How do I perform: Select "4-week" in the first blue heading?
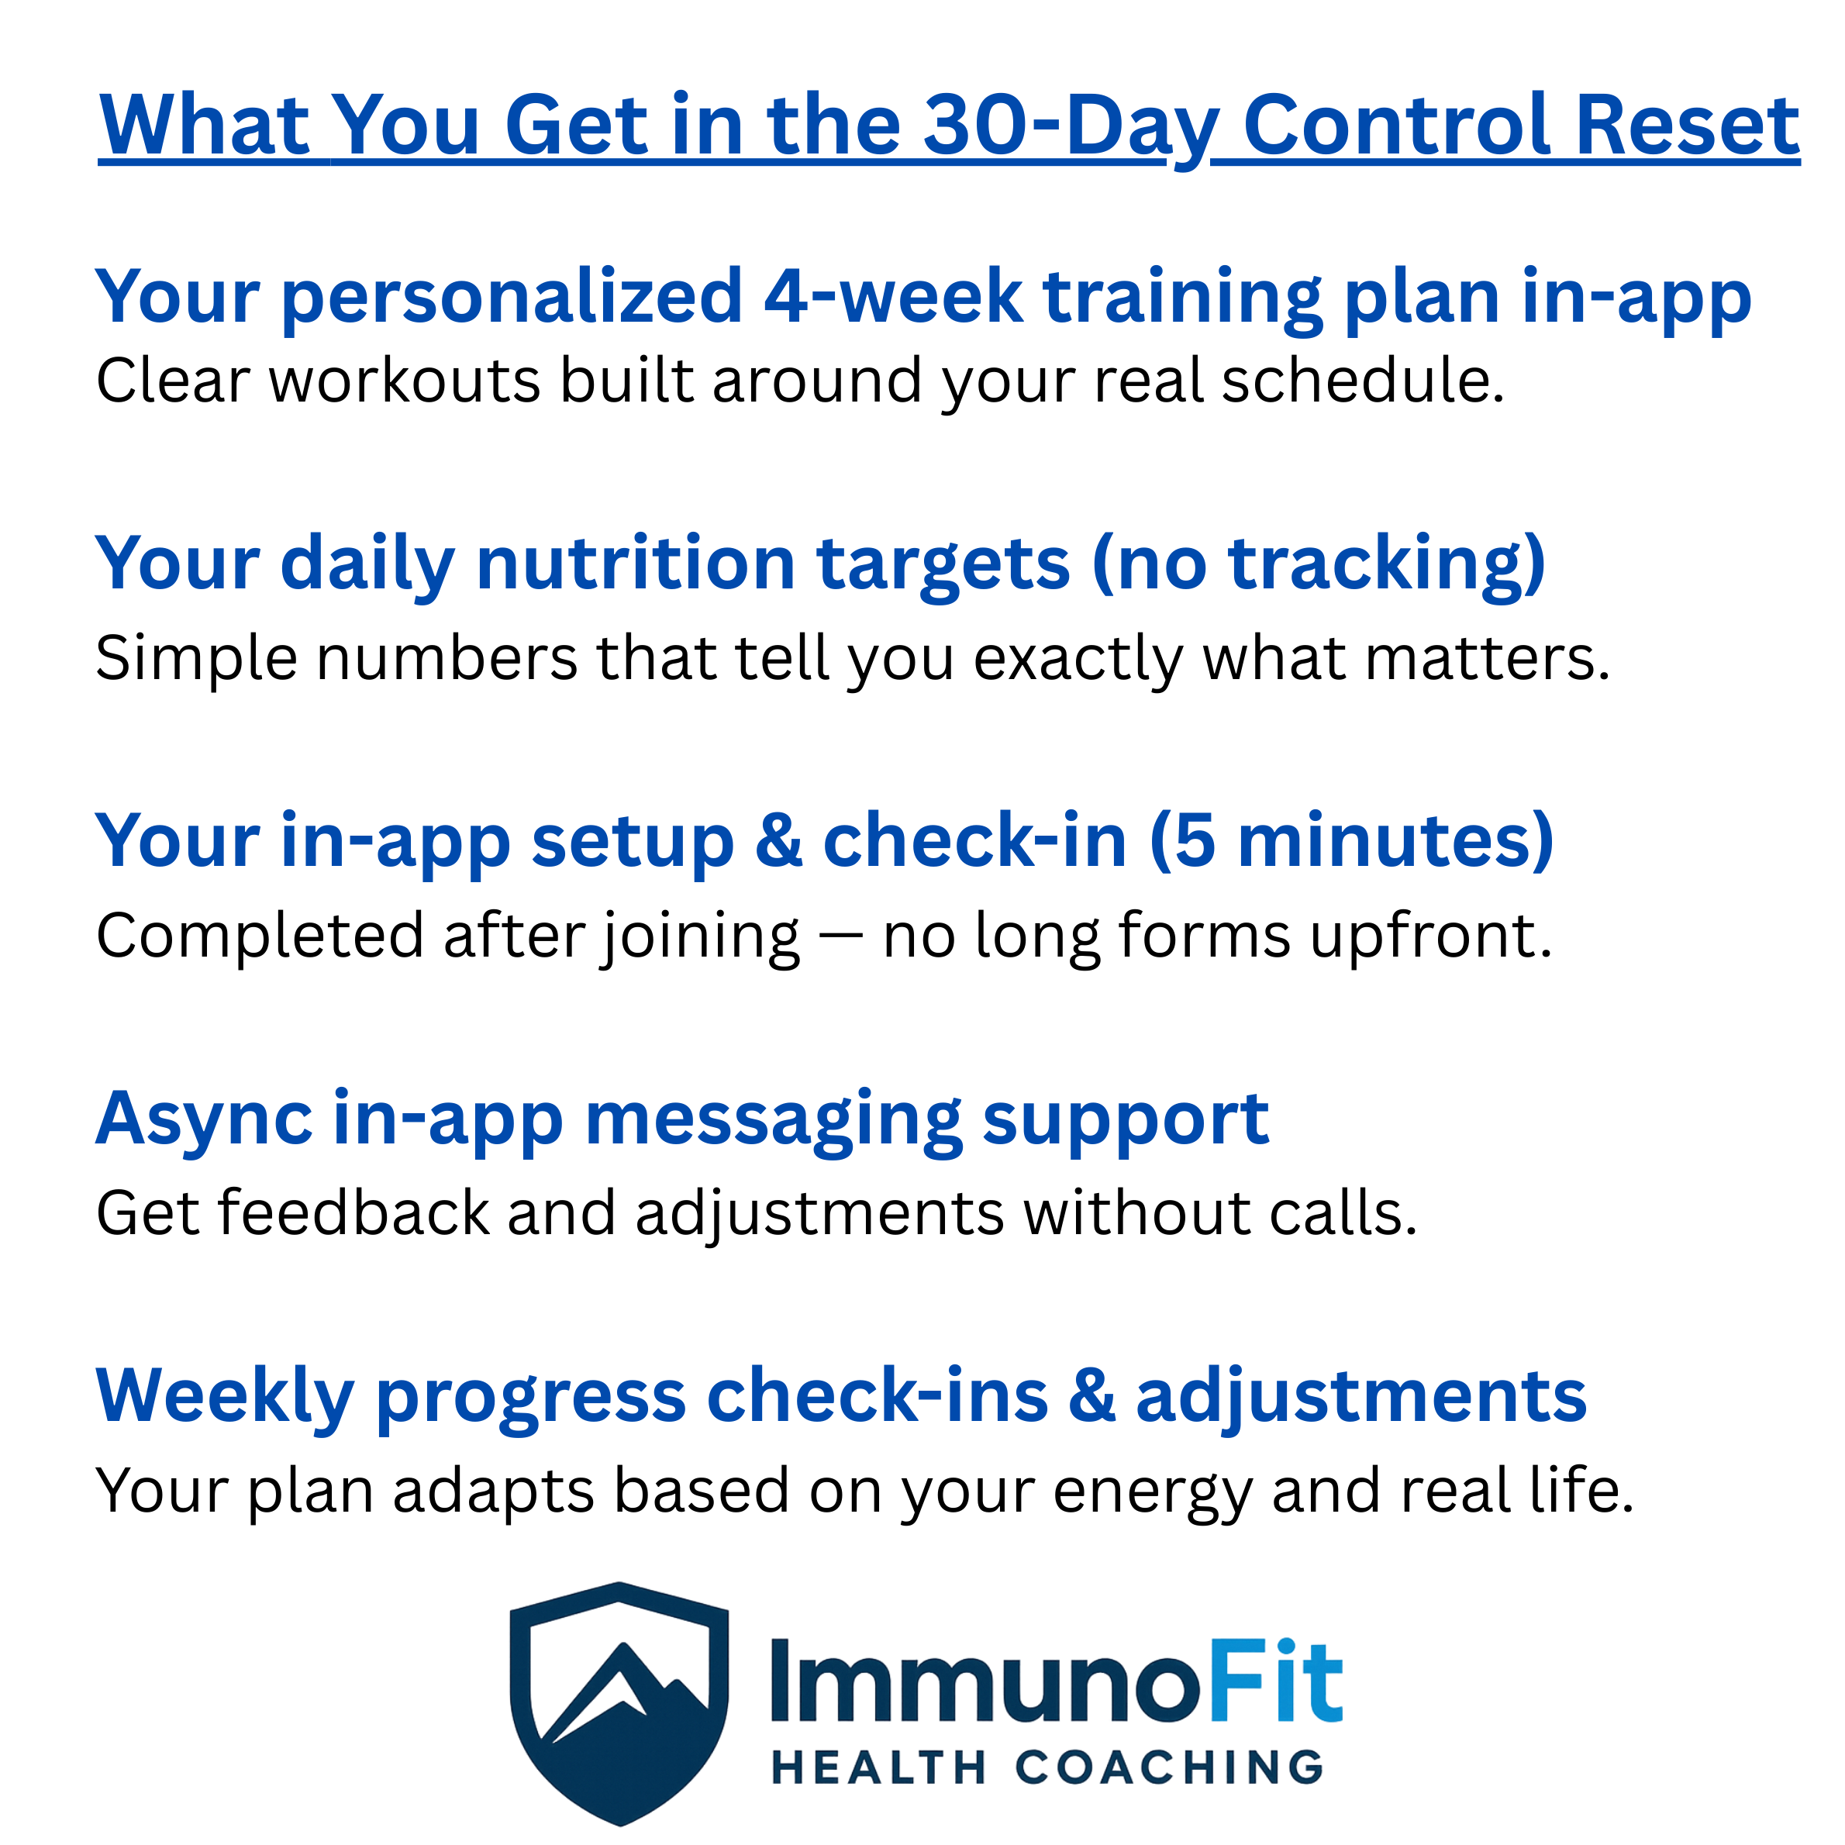tap(893, 297)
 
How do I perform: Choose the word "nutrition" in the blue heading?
tap(635, 564)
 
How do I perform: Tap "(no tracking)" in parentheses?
tap(1318, 564)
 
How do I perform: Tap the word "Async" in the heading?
tap(203, 1119)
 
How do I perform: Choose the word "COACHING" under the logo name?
tap(1169, 1768)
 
